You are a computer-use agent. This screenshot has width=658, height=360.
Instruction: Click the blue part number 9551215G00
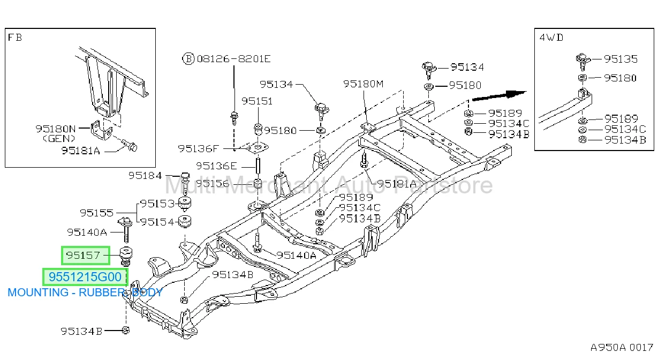tap(85, 277)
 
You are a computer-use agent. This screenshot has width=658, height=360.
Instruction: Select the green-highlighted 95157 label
tap(83, 255)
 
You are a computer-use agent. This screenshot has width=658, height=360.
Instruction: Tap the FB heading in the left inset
tap(14, 37)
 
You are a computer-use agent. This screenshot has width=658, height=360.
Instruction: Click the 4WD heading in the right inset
tap(551, 37)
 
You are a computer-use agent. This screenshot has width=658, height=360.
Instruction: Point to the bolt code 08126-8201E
tap(233, 59)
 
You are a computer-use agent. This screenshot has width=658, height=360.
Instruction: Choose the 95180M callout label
tap(364, 84)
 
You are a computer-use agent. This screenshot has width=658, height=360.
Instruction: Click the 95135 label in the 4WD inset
tap(621, 59)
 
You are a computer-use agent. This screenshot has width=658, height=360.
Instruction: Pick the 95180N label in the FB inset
tap(56, 129)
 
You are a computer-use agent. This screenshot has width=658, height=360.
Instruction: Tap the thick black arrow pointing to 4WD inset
tap(500, 95)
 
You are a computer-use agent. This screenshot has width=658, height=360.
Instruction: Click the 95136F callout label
tap(199, 149)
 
